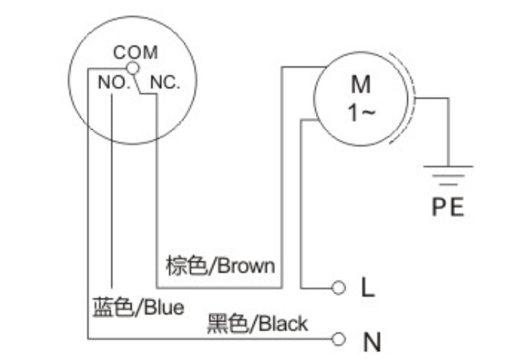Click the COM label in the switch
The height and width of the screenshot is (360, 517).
coord(135,53)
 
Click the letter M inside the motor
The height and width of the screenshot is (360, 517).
coord(361,84)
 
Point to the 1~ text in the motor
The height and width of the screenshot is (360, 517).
coord(361,113)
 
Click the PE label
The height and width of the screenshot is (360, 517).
coord(448,208)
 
